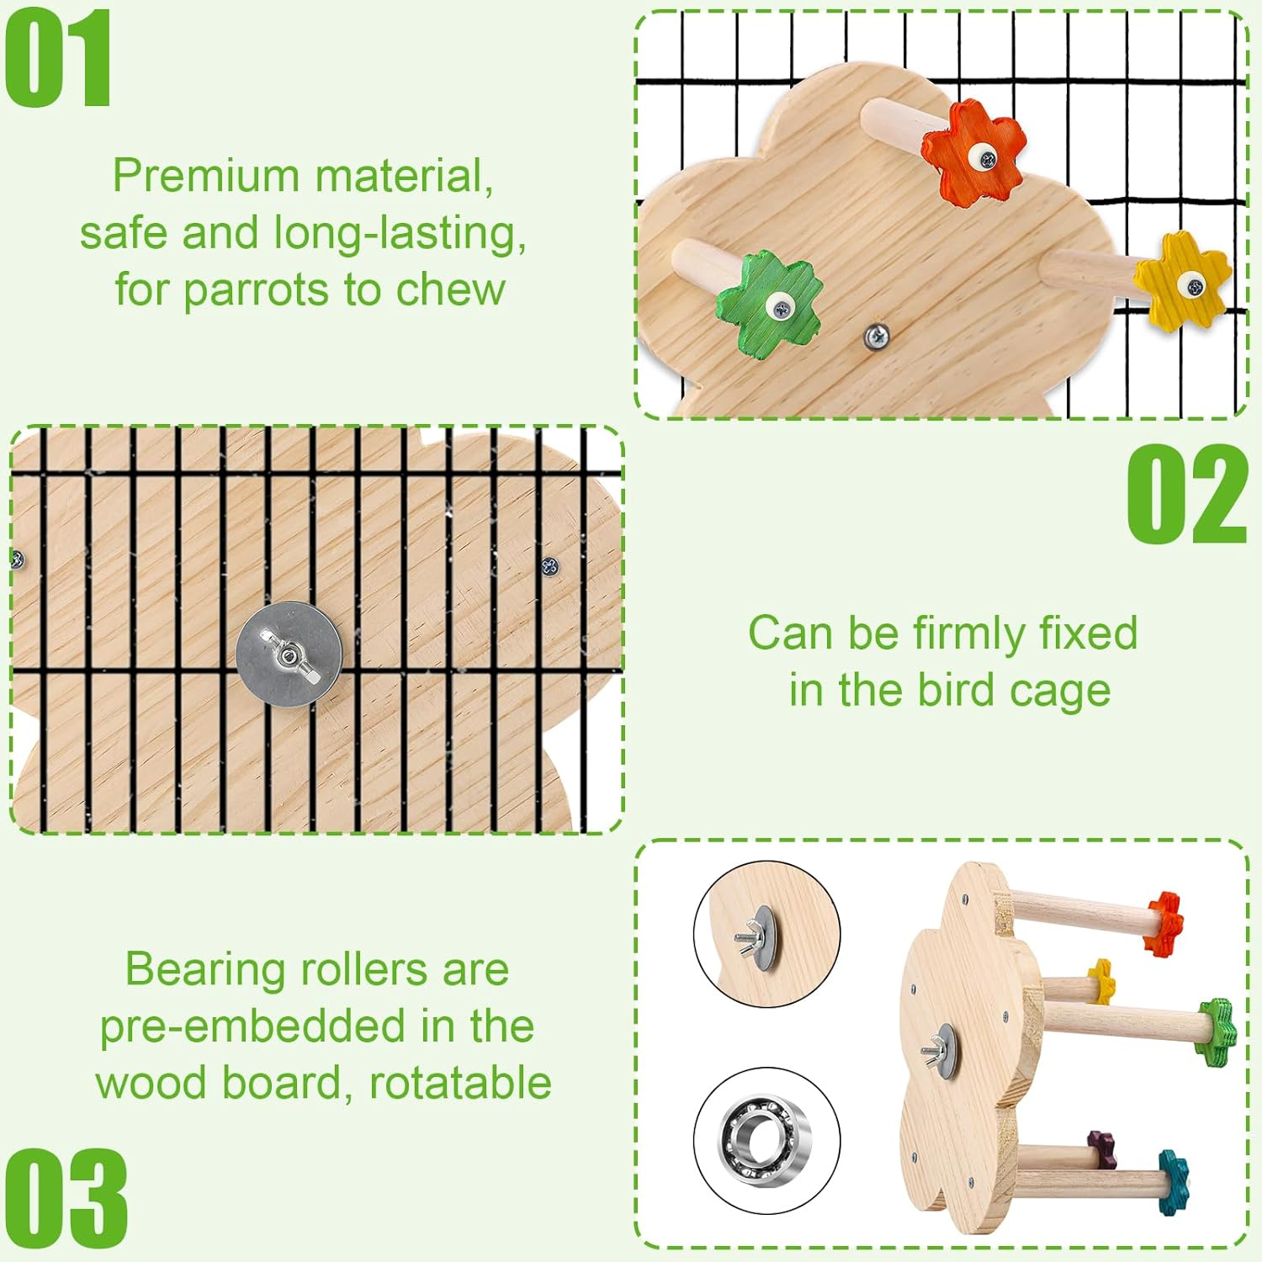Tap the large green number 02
point(1186,494)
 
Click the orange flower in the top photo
point(974,151)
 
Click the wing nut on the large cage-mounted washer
point(289,654)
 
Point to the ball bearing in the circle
point(766,1141)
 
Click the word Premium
point(206,176)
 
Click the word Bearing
point(194,969)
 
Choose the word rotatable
point(460,1083)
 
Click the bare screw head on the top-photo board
point(877,337)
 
